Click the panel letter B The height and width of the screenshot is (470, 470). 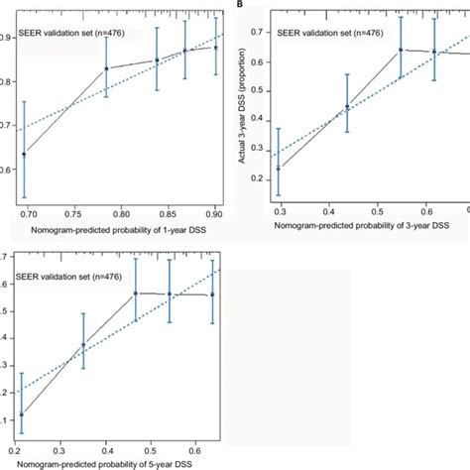[237, 5]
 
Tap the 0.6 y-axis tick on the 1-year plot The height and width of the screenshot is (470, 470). [7, 170]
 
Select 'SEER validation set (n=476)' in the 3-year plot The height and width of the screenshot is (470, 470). [321, 28]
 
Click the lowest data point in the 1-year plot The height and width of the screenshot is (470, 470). [25, 154]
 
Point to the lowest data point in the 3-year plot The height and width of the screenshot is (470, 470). [291, 169]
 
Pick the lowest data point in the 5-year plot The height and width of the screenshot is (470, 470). [22, 414]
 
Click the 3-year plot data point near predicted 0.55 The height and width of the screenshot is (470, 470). [401, 50]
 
